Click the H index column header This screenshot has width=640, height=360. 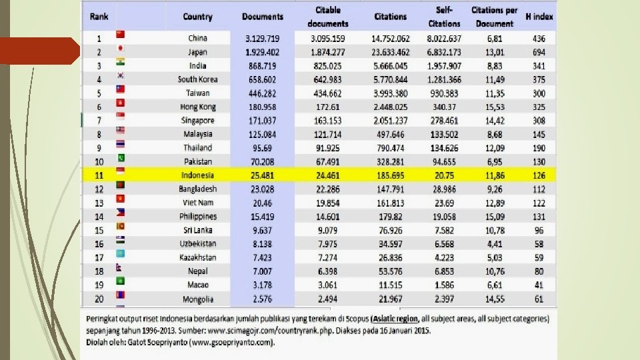(x=539, y=17)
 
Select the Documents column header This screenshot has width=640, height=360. (x=263, y=17)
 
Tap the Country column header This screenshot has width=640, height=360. (x=197, y=17)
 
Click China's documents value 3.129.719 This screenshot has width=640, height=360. (x=263, y=39)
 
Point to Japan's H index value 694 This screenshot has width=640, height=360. (x=539, y=52)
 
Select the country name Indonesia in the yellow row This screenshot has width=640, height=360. (x=197, y=175)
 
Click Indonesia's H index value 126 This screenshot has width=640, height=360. (x=539, y=175)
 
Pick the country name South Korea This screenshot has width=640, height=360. (x=197, y=79)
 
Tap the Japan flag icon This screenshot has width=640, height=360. (x=121, y=48)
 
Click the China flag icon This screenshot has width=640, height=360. (x=121, y=34)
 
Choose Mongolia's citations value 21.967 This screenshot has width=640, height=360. (x=391, y=299)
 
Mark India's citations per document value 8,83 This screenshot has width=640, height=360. (x=494, y=66)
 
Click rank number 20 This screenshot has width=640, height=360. (x=99, y=299)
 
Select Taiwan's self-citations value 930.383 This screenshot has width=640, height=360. (x=445, y=93)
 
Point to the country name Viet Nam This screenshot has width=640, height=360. (x=197, y=203)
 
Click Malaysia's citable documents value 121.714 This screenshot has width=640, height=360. (x=327, y=134)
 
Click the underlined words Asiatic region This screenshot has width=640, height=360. (x=401, y=319)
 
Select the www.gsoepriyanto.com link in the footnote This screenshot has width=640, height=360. (x=231, y=343)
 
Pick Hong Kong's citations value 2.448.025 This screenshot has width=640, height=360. (x=391, y=107)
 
